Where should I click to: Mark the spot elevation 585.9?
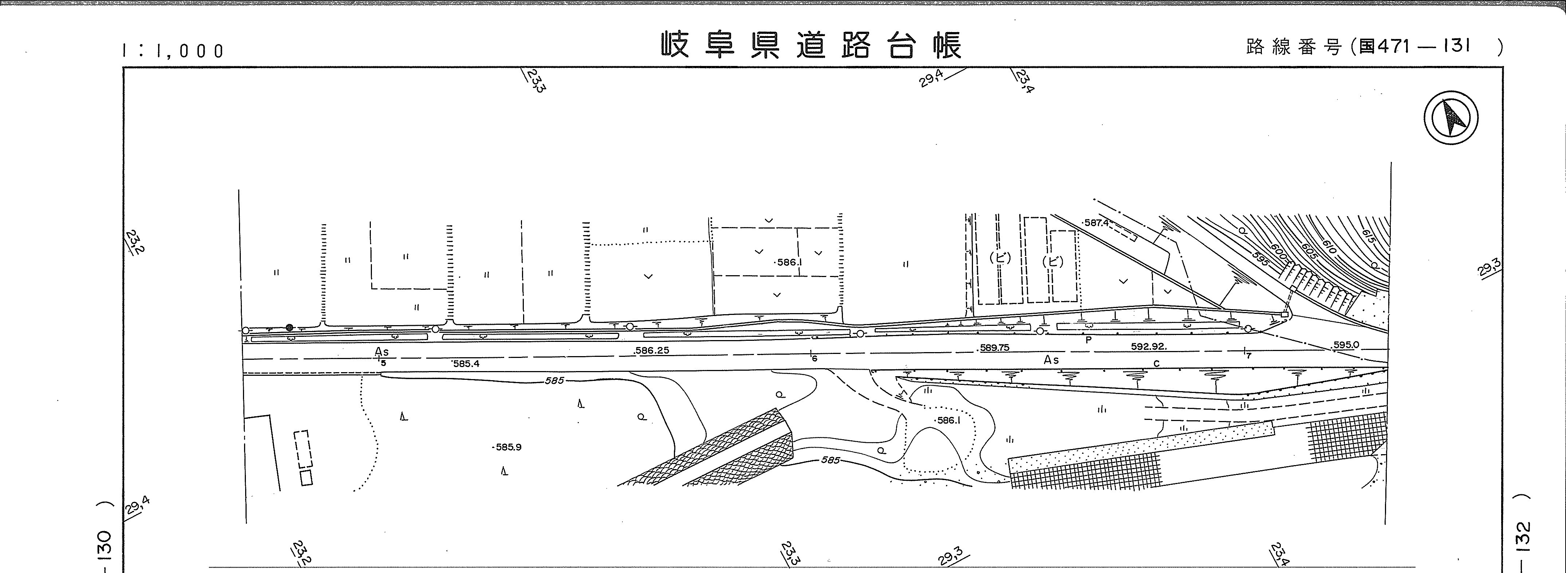[508, 447]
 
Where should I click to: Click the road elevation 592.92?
[1148, 347]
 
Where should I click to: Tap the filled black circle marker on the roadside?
[289, 327]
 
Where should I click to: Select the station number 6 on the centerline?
[815, 359]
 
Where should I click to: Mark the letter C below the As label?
[1156, 364]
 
